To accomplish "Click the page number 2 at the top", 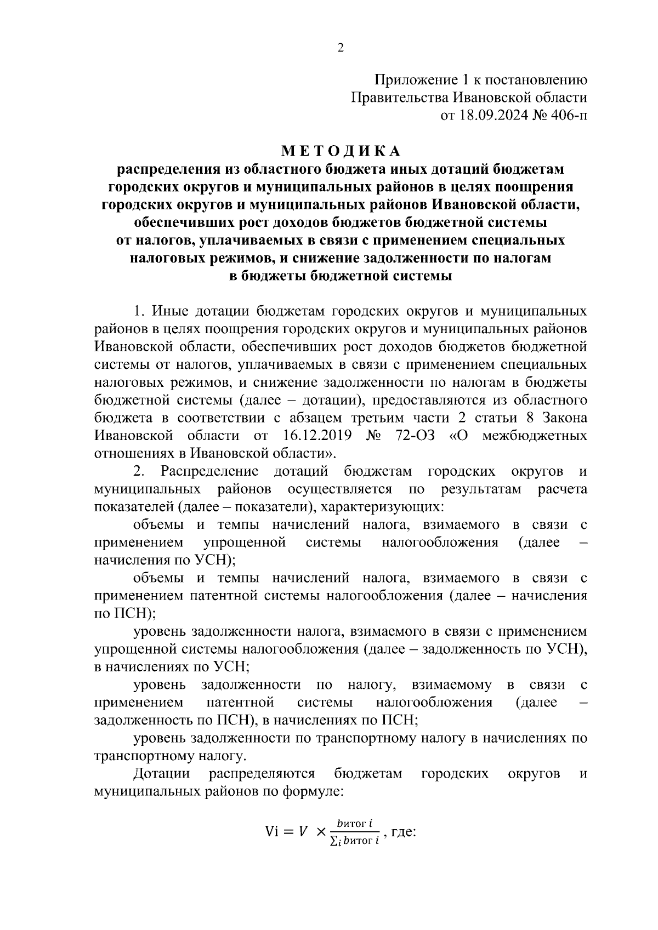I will (x=340, y=48).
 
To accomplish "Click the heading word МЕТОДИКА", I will (x=341, y=150).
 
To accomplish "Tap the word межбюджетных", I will (x=535, y=436).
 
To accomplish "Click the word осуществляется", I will (x=341, y=489).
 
